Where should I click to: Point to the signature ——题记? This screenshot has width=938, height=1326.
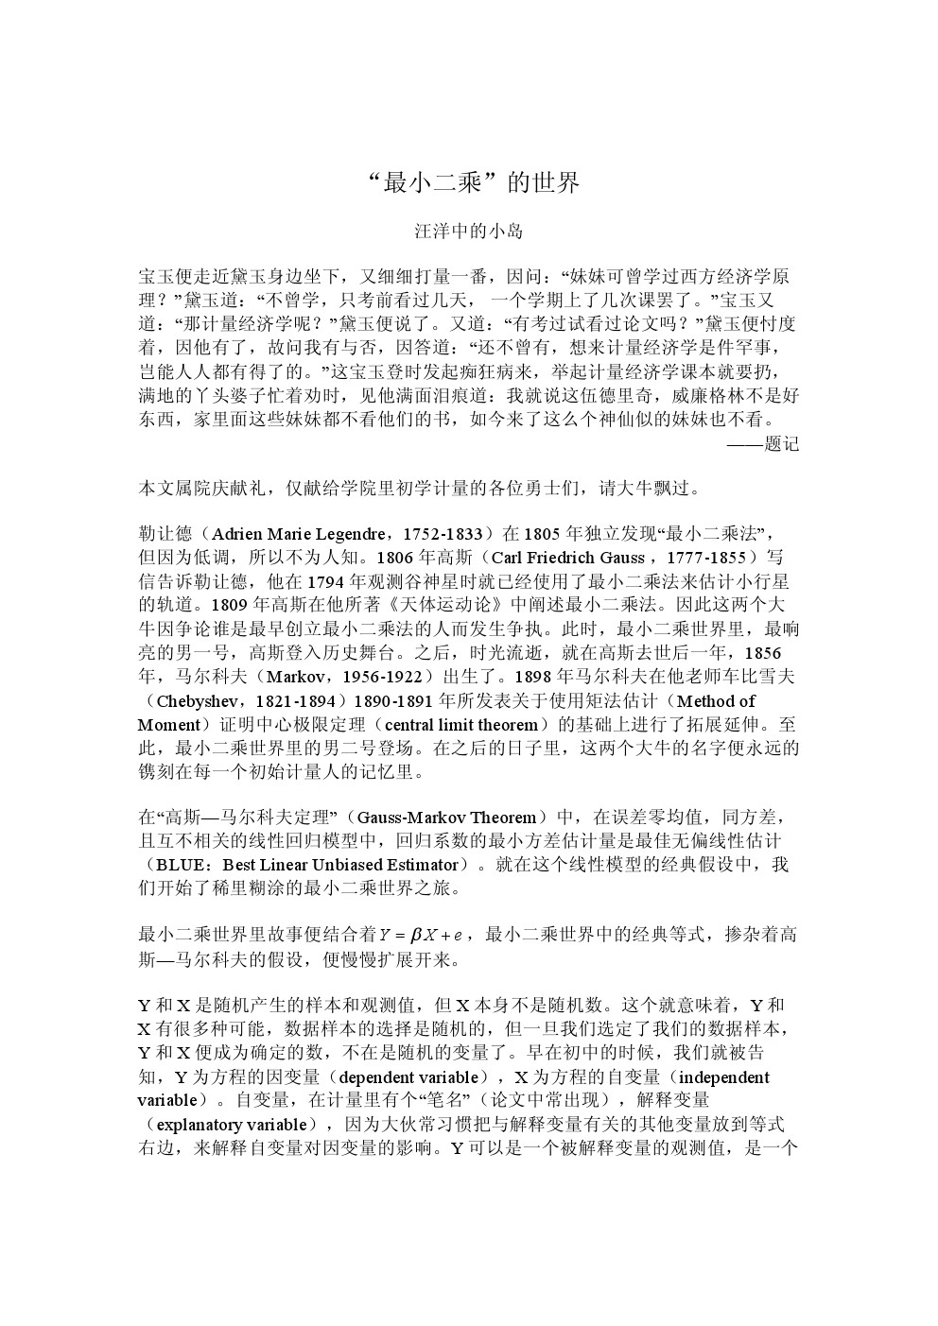click(763, 444)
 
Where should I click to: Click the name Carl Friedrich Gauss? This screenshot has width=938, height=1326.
click(566, 558)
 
